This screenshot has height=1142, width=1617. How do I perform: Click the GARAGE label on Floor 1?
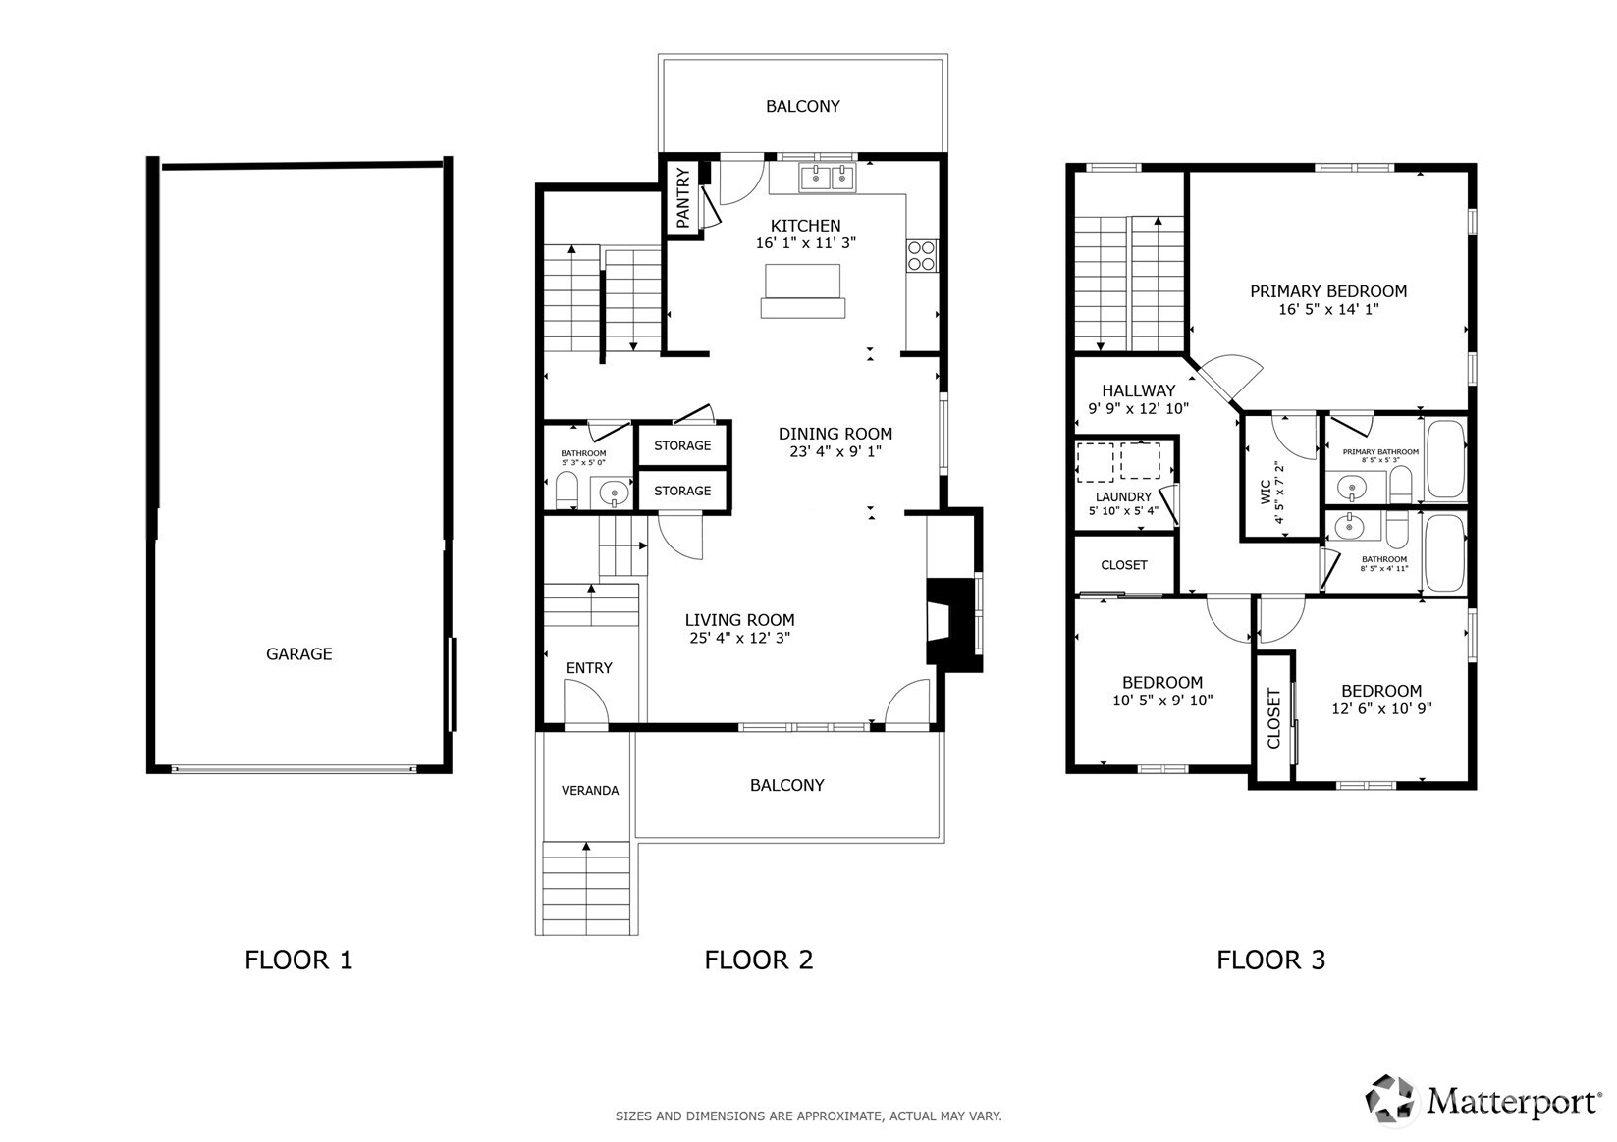pyautogui.click(x=298, y=654)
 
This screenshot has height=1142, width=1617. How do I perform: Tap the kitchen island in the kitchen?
pyautogui.click(x=802, y=290)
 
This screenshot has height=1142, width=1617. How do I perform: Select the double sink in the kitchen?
pyautogui.click(x=827, y=178)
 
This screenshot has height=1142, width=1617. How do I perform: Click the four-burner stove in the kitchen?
pyautogui.click(x=921, y=255)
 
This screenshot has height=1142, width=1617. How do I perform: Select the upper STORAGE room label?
pyautogui.click(x=682, y=445)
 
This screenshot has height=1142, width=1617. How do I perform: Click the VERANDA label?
pyautogui.click(x=590, y=791)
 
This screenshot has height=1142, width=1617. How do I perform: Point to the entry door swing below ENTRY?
pyautogui.click(x=585, y=704)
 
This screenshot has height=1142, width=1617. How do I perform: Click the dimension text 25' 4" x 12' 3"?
pyautogui.click(x=739, y=638)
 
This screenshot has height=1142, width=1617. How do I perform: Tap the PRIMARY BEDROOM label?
pyautogui.click(x=1327, y=291)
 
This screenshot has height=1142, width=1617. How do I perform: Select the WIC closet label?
pyautogui.click(x=1267, y=489)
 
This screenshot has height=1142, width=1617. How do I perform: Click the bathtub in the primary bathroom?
pyautogui.click(x=1445, y=459)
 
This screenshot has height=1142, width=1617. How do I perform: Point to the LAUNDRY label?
pyautogui.click(x=1123, y=497)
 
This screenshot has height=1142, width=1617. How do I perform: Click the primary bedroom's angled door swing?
pyautogui.click(x=1229, y=378)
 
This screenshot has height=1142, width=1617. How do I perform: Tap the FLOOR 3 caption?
pyautogui.click(x=1270, y=960)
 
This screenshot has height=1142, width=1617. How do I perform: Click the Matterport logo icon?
pyautogui.click(x=1392, y=1099)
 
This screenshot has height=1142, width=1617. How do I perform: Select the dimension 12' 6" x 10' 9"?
pyautogui.click(x=1381, y=708)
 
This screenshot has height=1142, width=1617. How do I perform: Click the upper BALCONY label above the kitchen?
pyautogui.click(x=802, y=106)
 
